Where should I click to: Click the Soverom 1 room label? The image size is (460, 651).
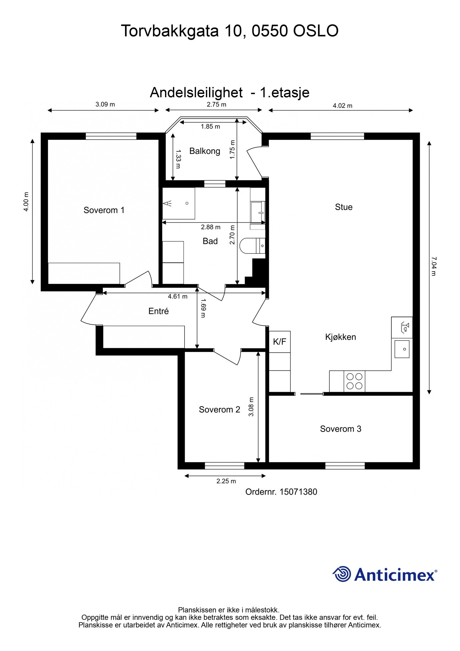(x=104, y=210)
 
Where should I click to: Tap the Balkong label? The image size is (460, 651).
(x=205, y=151)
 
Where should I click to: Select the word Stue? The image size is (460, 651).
(x=344, y=207)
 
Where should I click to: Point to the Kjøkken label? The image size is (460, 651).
(x=341, y=337)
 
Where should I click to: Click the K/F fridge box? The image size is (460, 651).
(x=280, y=341)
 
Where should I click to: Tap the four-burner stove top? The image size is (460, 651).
(x=354, y=381)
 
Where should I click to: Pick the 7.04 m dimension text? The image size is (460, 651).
(x=434, y=266)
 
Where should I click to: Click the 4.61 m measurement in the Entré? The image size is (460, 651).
(x=178, y=296)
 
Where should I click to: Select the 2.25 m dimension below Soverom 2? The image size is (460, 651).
(x=226, y=481)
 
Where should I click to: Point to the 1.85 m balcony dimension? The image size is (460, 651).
(x=210, y=127)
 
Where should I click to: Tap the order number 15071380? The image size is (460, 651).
(x=298, y=492)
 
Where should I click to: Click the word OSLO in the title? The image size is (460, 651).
(x=316, y=31)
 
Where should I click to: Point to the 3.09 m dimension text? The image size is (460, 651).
(x=105, y=104)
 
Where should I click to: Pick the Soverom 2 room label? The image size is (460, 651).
(x=219, y=410)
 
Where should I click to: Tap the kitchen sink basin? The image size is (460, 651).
(x=402, y=349)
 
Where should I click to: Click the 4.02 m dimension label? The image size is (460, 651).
(x=342, y=106)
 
